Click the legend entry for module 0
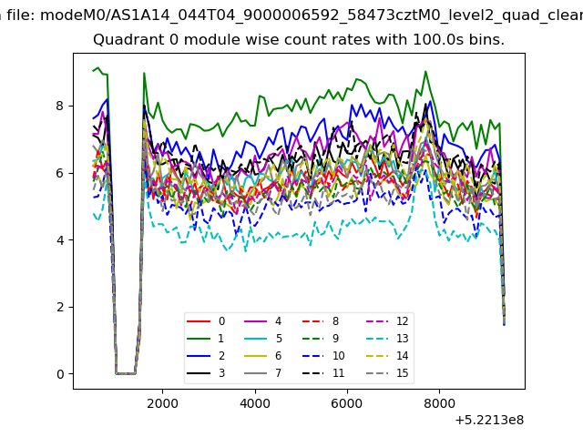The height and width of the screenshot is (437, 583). click(206, 321)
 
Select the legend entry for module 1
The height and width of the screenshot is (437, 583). click(206, 338)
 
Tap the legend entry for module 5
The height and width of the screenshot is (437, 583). click(263, 338)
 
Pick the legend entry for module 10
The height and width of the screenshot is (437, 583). click(323, 356)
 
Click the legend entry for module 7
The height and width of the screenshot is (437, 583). click(263, 372)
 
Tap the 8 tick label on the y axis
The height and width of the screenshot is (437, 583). click(60, 106)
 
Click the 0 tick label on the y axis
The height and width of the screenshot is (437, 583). click(60, 374)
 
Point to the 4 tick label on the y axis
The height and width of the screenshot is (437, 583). click(60, 240)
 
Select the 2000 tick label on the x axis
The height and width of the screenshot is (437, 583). click(162, 403)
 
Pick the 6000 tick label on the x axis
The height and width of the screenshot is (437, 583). click(347, 403)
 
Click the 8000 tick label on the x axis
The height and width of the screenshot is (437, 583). click(439, 403)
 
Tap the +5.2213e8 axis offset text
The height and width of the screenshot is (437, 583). click(489, 420)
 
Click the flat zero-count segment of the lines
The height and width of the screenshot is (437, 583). click(126, 373)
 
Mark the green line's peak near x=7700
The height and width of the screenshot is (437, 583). click(425, 71)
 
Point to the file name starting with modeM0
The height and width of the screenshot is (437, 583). click(312, 15)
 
